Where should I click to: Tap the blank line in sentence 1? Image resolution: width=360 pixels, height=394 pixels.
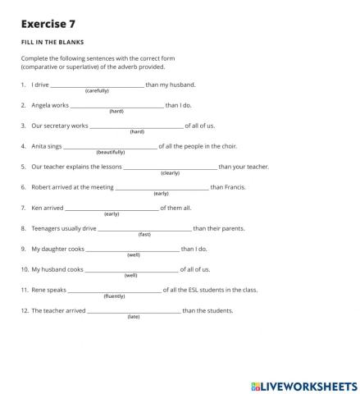[x=97, y=85]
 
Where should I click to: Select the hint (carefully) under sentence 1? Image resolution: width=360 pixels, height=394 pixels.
[x=97, y=91]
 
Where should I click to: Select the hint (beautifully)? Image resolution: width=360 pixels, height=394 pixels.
[x=111, y=153]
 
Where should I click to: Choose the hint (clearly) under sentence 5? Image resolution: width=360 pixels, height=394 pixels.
[x=170, y=173]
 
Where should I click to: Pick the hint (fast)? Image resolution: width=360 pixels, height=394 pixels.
[x=144, y=235]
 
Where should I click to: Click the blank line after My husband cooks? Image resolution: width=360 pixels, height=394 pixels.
[x=131, y=270]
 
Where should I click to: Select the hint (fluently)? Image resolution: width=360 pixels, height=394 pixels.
[x=114, y=296]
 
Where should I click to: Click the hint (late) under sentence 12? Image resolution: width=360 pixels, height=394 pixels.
[x=134, y=317]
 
